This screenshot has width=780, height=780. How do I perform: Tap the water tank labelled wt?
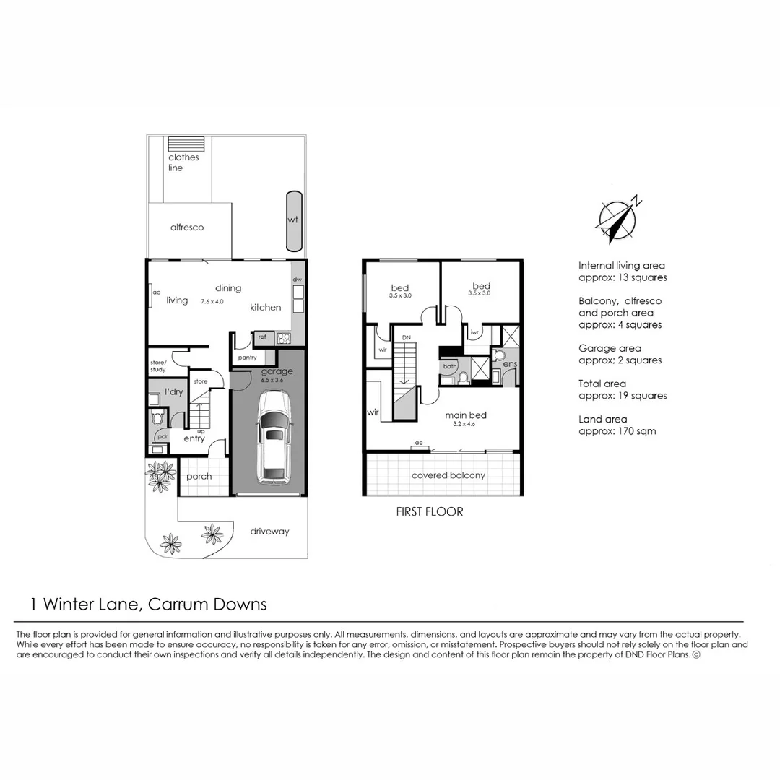294,220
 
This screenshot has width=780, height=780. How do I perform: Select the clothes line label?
183,162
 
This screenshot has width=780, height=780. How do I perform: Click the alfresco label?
187,227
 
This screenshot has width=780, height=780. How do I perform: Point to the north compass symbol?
618,220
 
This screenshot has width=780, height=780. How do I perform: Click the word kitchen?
265,308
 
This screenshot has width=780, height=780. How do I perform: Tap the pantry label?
248,357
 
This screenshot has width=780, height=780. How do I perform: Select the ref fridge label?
262,337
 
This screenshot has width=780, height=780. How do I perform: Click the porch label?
199,477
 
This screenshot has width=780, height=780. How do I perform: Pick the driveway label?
269,532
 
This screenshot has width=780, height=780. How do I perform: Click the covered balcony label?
448,475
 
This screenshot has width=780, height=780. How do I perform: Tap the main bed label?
465,415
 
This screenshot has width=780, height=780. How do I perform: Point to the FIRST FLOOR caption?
430,511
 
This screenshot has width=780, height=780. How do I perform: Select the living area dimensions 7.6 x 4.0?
213,300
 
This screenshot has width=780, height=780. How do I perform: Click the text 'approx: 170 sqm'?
617,431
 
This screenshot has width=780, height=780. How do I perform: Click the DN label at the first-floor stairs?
406,338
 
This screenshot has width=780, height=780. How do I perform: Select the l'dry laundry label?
173,391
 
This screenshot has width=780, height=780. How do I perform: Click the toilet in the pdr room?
157,418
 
